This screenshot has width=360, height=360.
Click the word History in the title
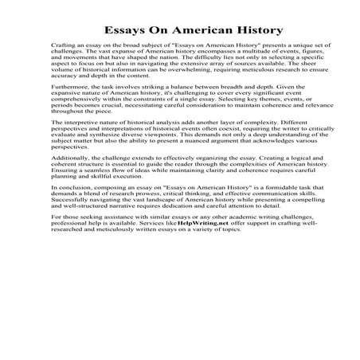pos(253,31)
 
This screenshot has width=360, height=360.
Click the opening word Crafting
pos(64,50)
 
